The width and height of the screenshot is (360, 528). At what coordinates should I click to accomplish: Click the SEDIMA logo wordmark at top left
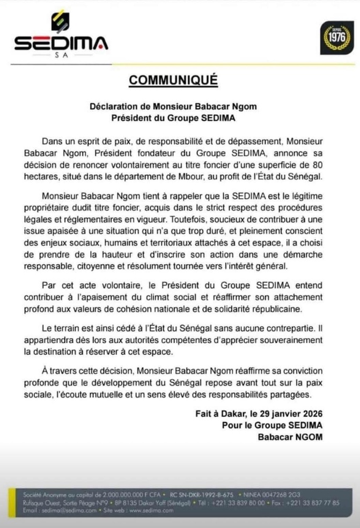pyautogui.click(x=61, y=42)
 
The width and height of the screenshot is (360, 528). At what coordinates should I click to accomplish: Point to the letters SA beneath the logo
pyautogui.click(x=61, y=55)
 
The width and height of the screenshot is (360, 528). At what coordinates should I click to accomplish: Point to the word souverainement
pyautogui.click(x=287, y=340)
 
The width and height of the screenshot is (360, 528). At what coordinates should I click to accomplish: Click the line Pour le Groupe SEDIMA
pyautogui.click(x=281, y=424)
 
